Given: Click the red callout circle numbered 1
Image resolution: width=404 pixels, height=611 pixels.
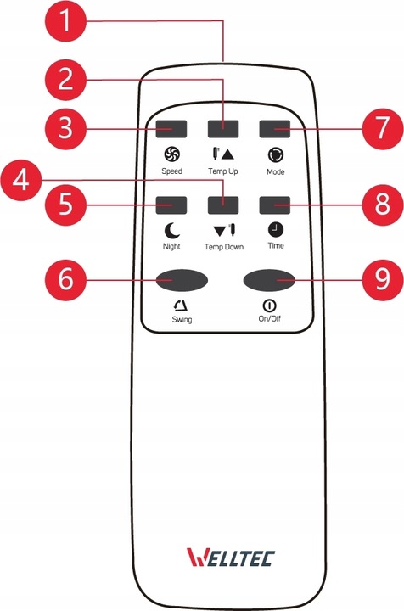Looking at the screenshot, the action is (x=65, y=20).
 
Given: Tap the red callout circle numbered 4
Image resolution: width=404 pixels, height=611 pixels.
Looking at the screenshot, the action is (x=20, y=181).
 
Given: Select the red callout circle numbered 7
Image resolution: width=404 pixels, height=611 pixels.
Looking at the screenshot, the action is (x=383, y=128).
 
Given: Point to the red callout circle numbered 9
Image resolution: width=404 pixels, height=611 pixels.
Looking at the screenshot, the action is (x=383, y=279).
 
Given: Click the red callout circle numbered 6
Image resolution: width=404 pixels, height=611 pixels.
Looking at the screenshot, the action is (x=65, y=279).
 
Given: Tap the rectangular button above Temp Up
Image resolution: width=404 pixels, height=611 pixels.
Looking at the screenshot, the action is (x=223, y=129).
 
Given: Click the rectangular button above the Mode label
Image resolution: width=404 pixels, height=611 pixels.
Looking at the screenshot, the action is (x=275, y=129).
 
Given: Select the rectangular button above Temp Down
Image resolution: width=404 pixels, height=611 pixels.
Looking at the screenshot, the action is (x=223, y=205).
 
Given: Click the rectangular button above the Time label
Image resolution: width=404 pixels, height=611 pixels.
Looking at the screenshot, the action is (x=275, y=205).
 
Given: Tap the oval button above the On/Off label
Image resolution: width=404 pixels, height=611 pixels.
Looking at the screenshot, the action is (x=269, y=280).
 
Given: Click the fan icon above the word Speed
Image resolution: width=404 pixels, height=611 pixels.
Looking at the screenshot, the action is (x=171, y=154).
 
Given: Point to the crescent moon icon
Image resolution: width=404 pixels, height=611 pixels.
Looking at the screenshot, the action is (x=171, y=230).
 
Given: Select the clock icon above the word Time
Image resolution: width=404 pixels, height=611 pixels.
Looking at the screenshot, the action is (x=276, y=229).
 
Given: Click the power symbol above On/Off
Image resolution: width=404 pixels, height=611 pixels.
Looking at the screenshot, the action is (x=269, y=305).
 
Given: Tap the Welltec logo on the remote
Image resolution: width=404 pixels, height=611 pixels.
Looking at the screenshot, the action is (x=231, y=558).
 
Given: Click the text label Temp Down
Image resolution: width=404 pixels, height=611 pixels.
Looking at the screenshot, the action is (x=224, y=247).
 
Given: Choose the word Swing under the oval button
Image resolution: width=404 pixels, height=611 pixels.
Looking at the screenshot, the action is (x=182, y=320).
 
